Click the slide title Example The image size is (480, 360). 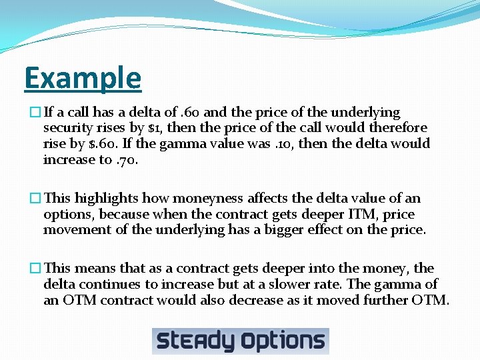(83, 79)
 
